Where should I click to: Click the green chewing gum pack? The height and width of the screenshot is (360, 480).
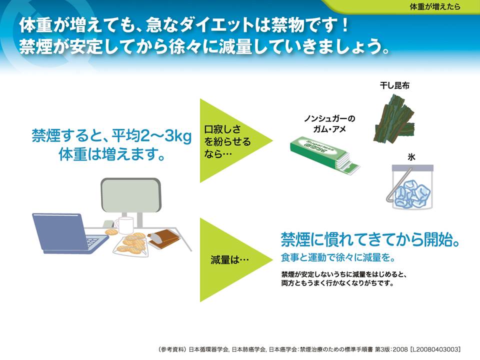click(325, 154)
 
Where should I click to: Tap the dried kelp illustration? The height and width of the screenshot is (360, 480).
click(394, 118)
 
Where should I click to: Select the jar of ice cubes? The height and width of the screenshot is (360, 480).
click(412, 186)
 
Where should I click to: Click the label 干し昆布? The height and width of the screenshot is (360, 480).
click(394, 85)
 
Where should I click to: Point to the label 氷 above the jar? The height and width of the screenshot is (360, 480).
click(411, 157)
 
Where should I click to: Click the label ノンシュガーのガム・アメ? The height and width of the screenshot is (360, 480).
click(329, 123)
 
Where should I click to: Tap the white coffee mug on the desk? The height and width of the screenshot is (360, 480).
click(124, 225)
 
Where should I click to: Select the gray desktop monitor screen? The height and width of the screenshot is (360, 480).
click(130, 195)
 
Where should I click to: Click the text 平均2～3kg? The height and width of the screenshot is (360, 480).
click(151, 136)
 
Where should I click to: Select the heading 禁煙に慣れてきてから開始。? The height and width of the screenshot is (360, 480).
click(370, 239)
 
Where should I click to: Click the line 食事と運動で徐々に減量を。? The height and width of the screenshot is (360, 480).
click(338, 257)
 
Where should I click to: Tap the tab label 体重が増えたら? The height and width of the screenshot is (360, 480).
click(434, 6)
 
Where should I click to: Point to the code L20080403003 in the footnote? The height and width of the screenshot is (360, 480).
click(435, 349)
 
